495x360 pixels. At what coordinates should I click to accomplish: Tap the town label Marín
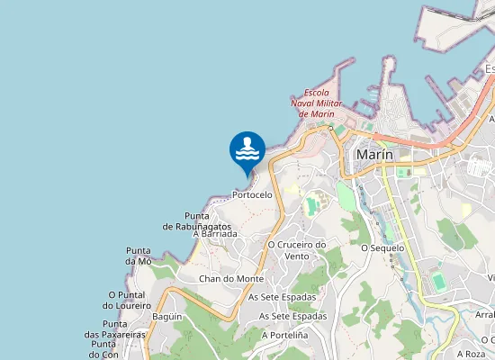pos(374,155)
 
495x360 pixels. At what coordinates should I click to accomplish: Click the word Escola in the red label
pos(317,93)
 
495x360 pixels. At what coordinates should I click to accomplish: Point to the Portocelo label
pos(252,194)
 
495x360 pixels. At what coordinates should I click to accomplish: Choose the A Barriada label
pos(215,234)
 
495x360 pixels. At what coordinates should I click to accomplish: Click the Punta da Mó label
pos(139,256)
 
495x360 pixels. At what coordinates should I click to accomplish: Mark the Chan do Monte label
pos(231,279)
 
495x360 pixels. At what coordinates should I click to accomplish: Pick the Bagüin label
pos(167,317)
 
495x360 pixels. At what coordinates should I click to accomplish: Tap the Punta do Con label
pos(105,349)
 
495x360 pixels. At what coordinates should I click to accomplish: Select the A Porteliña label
pos(285,335)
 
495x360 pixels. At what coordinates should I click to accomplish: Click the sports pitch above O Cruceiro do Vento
pos(312,206)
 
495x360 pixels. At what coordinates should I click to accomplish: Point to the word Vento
pos(297,256)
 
